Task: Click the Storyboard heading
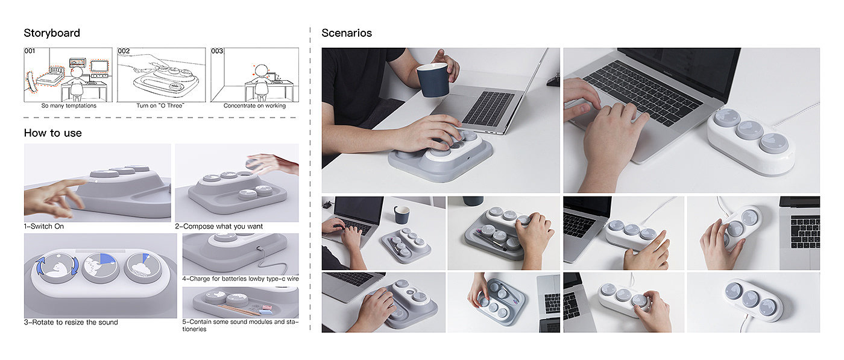52,33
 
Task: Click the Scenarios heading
347,33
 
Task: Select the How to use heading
53,133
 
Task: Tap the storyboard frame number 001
30,51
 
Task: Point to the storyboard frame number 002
124,51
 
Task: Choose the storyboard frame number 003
216,51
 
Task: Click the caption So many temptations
69,106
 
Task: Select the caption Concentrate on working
254,106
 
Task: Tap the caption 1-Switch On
43,226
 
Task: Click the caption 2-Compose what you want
219,226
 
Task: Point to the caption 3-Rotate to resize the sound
71,322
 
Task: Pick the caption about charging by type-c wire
241,279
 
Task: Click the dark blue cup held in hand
433,80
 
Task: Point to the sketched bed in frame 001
50,77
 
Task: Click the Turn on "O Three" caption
160,106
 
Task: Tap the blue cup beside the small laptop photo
402,215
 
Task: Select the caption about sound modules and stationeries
241,325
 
